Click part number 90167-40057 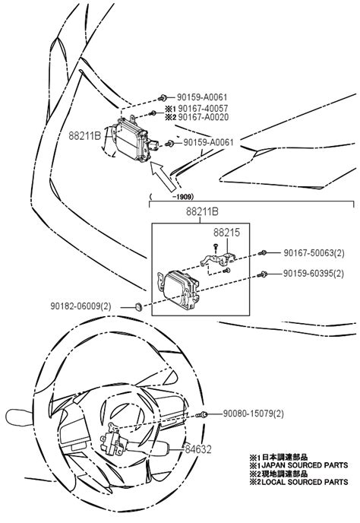click(x=201, y=109)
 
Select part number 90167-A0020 click(x=201, y=119)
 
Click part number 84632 click(x=200, y=450)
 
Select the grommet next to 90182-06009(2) click(x=139, y=306)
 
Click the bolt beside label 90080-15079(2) click(x=204, y=414)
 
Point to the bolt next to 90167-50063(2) click(x=263, y=252)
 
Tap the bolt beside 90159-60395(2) click(x=263, y=273)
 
